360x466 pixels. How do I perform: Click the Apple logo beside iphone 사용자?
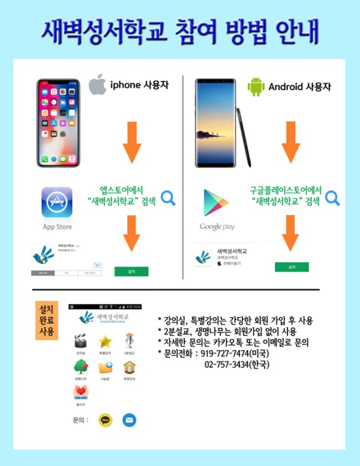tap(98, 86)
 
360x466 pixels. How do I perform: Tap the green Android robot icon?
tap(256, 86)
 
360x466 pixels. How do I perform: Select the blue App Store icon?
tap(57, 202)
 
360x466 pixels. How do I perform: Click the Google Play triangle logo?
tap(216, 204)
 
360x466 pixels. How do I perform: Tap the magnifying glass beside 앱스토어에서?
tap(167, 198)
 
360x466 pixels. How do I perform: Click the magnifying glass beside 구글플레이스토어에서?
tap(332, 197)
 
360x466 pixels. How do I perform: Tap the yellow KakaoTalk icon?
tap(106, 420)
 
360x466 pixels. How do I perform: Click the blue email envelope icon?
tap(130, 420)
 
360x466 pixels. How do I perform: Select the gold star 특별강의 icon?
tap(106, 342)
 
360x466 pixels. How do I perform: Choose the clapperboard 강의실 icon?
tap(80, 342)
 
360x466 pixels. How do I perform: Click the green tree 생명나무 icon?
tap(80, 368)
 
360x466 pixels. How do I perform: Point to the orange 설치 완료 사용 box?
tap(46, 320)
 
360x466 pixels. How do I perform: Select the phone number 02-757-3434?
tap(231, 364)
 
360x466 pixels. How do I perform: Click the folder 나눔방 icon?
tap(106, 368)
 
